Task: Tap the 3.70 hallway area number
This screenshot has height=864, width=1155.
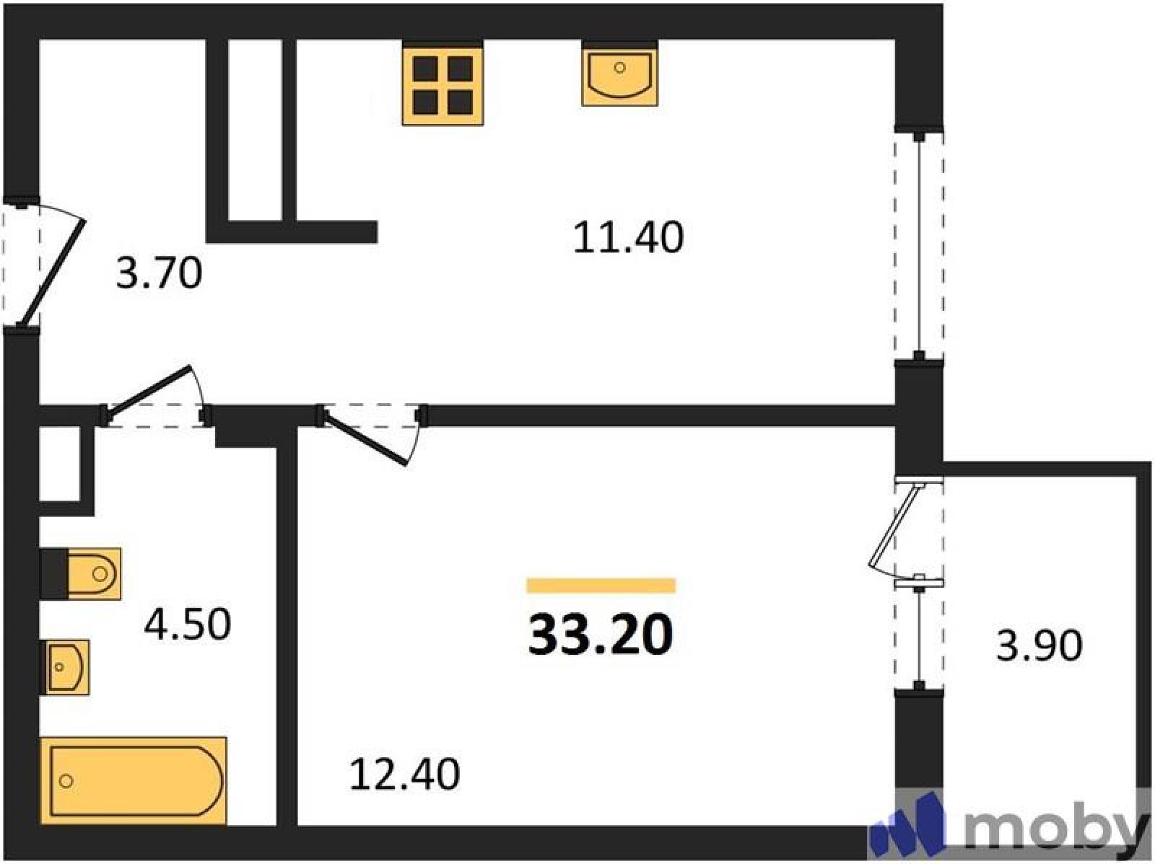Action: click(159, 274)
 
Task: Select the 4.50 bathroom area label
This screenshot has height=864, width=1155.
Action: click(187, 625)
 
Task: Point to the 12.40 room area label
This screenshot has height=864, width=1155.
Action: click(405, 774)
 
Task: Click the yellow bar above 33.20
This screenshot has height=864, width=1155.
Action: click(601, 586)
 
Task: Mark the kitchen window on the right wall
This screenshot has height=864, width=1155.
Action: click(919, 245)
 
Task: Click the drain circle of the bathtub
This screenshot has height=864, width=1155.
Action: click(66, 781)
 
